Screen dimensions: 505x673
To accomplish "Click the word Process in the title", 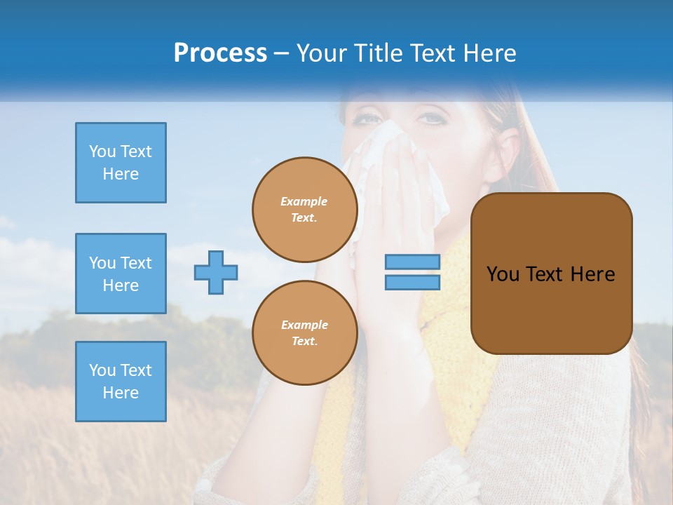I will click(x=220, y=53).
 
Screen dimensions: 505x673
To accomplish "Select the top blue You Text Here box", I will click(x=121, y=163).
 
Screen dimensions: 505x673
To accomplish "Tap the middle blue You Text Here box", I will click(x=121, y=274).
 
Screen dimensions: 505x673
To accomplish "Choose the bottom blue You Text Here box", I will click(x=121, y=382).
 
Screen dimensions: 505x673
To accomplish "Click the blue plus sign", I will click(x=216, y=273).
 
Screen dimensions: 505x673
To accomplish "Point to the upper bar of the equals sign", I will click(x=413, y=262).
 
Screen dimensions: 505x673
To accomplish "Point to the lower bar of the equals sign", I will click(x=413, y=283).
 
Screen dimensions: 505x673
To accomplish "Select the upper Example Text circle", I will click(x=305, y=210).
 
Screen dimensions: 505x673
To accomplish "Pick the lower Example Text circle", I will click(x=305, y=333).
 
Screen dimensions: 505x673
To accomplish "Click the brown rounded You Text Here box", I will click(x=551, y=274).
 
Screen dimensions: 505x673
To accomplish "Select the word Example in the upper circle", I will click(x=304, y=201).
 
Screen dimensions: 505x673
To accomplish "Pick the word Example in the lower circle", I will click(x=304, y=325).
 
